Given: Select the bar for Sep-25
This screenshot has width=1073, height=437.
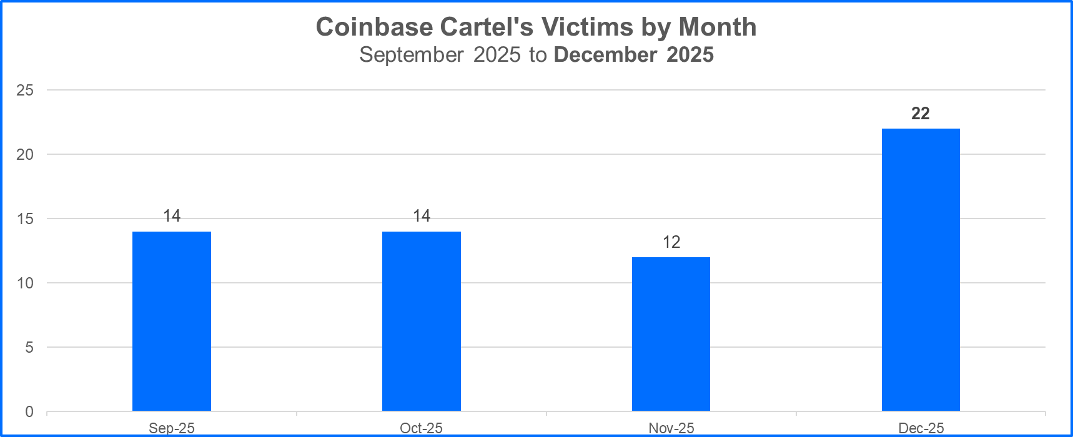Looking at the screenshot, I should (x=172, y=321).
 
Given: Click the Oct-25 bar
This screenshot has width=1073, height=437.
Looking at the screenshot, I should (x=422, y=321).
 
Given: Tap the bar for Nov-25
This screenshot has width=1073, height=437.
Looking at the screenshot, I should (x=671, y=334).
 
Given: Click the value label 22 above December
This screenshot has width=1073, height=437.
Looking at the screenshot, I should (x=921, y=114).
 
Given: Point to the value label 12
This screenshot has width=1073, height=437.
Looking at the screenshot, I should (x=671, y=242).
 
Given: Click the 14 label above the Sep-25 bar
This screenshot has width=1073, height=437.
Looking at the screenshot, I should (x=172, y=216).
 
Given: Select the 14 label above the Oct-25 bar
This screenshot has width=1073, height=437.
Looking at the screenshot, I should (x=422, y=216).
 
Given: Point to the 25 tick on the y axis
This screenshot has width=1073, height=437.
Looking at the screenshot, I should (x=25, y=91).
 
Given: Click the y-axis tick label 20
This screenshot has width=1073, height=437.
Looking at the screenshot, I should (x=25, y=155).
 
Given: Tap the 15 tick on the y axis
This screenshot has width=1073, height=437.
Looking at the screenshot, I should (x=25, y=219).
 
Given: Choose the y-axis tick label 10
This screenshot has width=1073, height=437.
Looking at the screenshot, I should (x=25, y=283).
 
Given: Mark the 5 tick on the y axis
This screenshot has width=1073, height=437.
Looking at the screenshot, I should (x=29, y=348).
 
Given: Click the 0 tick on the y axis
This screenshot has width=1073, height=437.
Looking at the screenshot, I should (x=29, y=412).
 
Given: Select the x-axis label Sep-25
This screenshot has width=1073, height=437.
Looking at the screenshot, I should (x=172, y=428).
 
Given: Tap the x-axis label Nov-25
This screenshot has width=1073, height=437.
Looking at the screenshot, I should (x=671, y=428).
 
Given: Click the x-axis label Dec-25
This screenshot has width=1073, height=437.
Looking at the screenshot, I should (x=921, y=428).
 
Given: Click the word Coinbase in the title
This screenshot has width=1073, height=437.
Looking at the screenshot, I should (x=374, y=27).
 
